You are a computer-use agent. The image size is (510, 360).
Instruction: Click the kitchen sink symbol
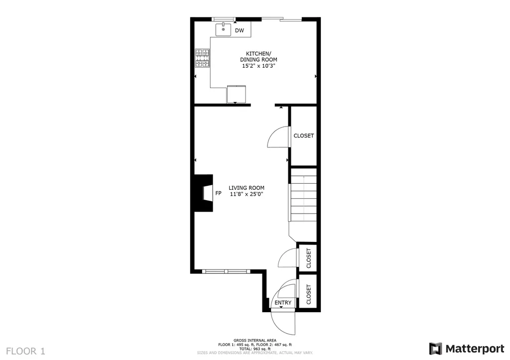pos(224,29)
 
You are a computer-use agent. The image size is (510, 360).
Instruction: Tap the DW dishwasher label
pos(240,30)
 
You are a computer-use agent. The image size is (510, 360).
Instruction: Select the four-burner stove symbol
pos(202,58)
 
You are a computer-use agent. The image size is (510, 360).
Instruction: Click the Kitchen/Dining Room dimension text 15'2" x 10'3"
pos(258,66)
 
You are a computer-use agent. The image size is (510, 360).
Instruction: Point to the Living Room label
pos(246,188)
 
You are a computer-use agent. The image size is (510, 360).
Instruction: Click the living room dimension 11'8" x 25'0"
pos(246,194)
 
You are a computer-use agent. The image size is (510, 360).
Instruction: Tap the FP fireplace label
pos(218,193)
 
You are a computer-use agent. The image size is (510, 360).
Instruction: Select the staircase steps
pos(303,195)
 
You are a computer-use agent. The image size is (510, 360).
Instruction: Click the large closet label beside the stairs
pos(303,135)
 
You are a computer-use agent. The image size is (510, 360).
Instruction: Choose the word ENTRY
pos(283,303)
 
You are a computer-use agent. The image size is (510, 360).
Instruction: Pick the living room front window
pos(226,271)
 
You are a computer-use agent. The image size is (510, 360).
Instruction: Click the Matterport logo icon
pos(435,349)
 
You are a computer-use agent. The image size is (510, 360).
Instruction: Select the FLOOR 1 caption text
pos(25,351)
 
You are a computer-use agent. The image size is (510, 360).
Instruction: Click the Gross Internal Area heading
pos(255,341)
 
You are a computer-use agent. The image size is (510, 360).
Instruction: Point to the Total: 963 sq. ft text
pos(255,349)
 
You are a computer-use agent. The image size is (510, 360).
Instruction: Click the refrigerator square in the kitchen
pos(236,94)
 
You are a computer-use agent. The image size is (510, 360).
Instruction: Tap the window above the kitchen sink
pos(224,19)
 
